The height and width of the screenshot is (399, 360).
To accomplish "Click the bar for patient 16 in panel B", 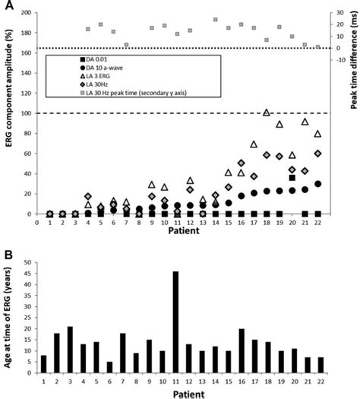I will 241,352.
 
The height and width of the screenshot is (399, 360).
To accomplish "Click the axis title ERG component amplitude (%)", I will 9,114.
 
